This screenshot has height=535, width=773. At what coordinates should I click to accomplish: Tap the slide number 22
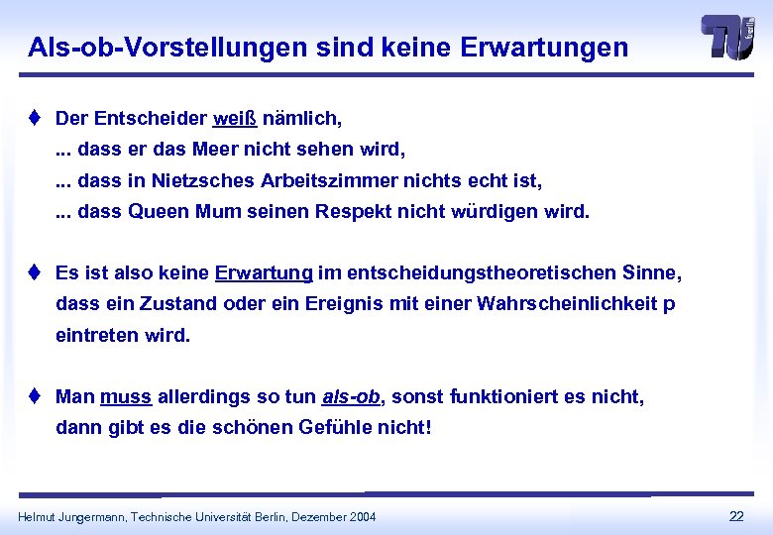tap(736, 515)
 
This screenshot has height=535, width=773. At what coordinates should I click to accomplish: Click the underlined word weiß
tap(235, 119)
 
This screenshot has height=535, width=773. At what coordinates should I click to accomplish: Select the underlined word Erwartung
tap(264, 271)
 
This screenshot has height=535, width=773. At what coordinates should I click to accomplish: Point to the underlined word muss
tap(126, 397)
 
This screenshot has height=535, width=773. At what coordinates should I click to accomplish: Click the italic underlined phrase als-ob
tap(351, 397)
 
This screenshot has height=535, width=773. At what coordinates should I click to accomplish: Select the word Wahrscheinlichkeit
tap(567, 303)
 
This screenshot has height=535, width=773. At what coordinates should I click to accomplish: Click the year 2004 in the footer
tap(362, 516)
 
